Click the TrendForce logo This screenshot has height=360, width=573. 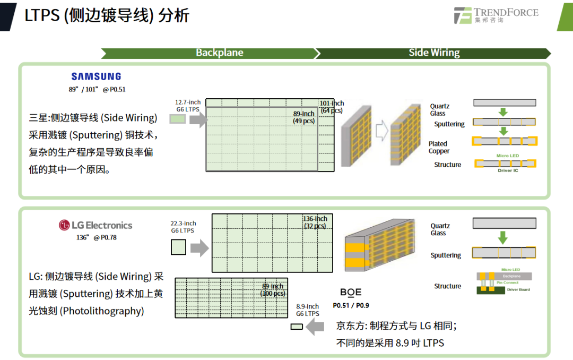point(496,15)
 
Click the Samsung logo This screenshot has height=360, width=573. point(96,76)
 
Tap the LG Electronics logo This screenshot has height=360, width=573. point(95,225)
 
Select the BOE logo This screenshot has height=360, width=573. point(351,293)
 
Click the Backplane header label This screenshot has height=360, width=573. point(219,53)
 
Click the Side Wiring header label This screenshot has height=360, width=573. point(434,53)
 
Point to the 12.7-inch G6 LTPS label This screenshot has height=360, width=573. point(188,106)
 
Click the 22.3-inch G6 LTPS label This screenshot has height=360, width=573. point(183,227)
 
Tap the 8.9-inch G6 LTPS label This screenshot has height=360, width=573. point(308,310)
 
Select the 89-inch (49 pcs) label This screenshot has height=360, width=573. point(303,117)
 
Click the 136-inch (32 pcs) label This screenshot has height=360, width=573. point(315,222)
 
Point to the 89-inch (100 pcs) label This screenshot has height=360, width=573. point(273,290)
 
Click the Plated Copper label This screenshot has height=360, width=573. point(439,147)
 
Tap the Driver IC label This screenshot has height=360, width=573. point(508,170)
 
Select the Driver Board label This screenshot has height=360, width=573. point(518,289)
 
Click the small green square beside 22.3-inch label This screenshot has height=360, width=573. point(178,247)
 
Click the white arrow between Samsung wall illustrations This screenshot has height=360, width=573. point(381,129)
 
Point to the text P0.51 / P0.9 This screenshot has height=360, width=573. point(351,305)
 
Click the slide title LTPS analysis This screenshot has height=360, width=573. point(107,15)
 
